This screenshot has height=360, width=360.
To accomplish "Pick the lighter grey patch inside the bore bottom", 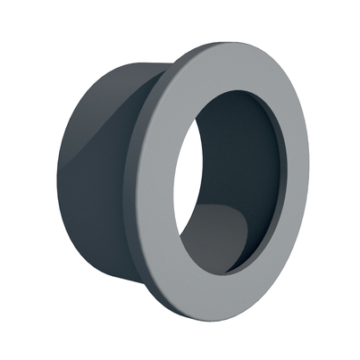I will (x=219, y=237).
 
